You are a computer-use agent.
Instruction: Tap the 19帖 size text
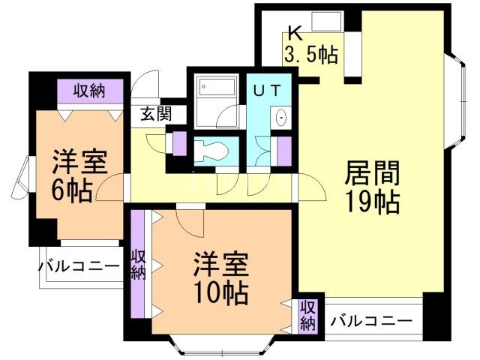click(371, 202)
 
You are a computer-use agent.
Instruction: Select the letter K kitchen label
click(294, 34)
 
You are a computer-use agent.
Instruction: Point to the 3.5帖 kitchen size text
click(310, 54)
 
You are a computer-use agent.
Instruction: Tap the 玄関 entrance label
click(156, 114)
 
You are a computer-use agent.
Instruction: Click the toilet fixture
click(211, 149)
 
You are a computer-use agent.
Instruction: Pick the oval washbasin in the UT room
click(281, 118)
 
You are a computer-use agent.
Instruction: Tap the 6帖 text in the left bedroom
click(73, 190)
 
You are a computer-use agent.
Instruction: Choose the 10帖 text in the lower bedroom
click(221, 293)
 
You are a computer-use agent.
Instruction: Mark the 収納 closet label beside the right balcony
click(308, 315)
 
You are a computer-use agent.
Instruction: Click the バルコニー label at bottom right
click(371, 321)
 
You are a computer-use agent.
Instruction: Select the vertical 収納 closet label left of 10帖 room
click(138, 264)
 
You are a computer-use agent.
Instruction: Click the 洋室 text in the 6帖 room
click(79, 162)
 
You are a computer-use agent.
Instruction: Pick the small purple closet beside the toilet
click(180, 143)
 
